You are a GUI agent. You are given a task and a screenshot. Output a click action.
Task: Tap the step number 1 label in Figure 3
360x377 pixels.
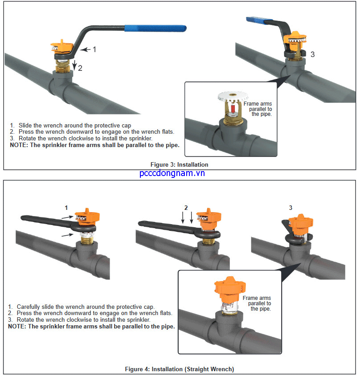(x=94, y=49)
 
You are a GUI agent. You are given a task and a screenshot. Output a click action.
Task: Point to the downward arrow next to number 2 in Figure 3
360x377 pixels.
(x=74, y=65)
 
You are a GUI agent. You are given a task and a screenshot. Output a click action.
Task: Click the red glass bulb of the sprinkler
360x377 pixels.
(x=232, y=108)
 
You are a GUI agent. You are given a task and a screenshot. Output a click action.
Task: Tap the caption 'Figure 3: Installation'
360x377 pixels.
(x=179, y=164)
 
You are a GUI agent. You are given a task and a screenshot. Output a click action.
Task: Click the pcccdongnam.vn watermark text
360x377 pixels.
(x=172, y=173)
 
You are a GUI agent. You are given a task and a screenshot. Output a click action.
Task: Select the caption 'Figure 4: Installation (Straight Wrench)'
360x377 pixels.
(x=179, y=369)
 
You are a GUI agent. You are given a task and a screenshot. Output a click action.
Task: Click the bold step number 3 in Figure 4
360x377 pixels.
(x=290, y=208)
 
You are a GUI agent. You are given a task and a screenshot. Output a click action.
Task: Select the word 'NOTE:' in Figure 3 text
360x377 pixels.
(x=19, y=145)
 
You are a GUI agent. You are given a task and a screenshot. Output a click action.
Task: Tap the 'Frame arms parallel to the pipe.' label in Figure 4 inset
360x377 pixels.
(x=257, y=303)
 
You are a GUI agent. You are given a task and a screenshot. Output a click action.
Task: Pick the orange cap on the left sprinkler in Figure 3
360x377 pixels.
(x=62, y=45)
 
